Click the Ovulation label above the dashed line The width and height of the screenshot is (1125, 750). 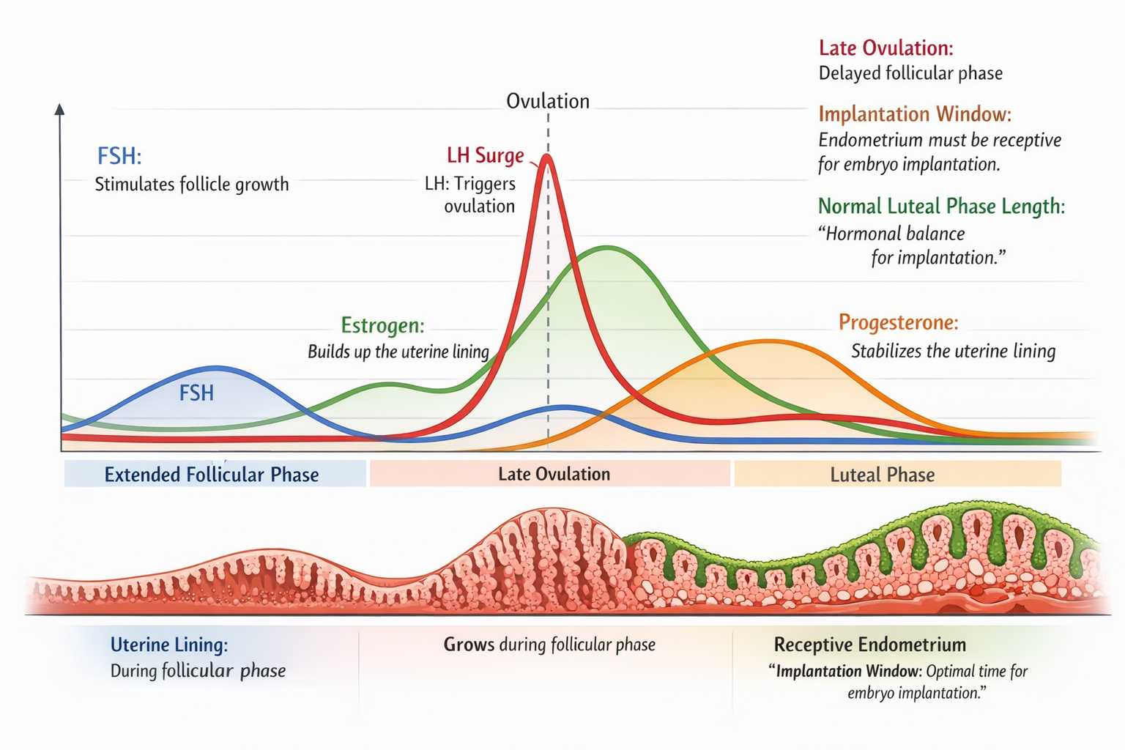548,101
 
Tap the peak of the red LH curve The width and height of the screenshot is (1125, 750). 546,157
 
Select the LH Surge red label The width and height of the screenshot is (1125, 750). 485,155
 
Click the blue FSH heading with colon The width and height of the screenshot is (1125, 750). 119,156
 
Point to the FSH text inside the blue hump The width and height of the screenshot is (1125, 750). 196,393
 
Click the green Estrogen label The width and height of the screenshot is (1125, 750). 382,325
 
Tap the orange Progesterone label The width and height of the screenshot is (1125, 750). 898,322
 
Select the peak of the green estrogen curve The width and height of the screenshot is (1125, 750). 607,248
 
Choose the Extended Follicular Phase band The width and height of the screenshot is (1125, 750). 212,475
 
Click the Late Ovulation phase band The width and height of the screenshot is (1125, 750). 554,474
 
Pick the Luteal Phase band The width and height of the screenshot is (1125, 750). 882,475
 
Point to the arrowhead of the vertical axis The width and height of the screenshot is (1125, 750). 60,109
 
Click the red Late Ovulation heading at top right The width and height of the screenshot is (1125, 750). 885,48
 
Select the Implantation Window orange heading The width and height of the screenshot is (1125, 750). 914,114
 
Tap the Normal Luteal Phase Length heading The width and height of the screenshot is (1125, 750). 941,206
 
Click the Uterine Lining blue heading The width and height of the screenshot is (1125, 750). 169,645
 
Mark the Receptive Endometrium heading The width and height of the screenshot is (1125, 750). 870,645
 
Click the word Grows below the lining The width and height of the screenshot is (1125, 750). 469,645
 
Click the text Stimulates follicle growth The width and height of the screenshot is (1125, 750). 192,184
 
